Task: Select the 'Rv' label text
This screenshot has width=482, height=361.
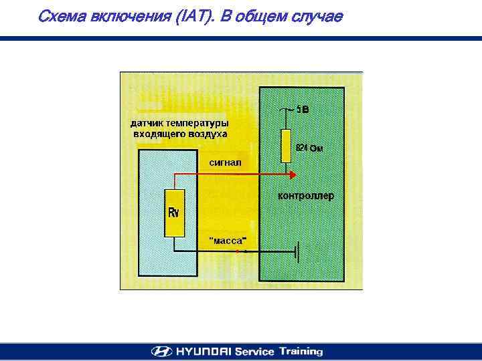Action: [x=173, y=213]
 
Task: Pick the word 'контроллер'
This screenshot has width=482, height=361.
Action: [x=305, y=197]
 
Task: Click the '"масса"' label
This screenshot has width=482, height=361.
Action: [x=228, y=241]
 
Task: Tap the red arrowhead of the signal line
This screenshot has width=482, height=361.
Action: [x=293, y=174]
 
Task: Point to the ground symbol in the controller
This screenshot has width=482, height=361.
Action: [x=297, y=252]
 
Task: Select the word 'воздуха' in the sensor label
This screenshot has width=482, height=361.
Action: [x=207, y=134]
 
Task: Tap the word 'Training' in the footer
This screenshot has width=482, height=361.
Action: [x=301, y=351]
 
